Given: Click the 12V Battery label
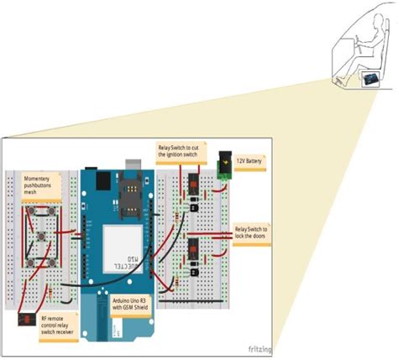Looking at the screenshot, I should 251,159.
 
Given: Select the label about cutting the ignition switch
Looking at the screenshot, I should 179,152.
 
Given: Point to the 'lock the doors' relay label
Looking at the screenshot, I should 251,232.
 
